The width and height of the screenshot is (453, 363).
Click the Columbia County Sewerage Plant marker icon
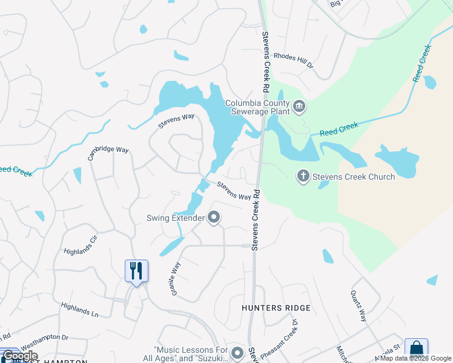[299, 108]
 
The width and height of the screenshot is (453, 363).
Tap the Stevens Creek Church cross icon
[303, 177]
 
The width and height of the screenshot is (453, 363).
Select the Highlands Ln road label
[79, 309]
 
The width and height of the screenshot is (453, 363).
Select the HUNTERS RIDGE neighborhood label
[276, 308]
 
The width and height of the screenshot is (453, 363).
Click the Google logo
[19, 356]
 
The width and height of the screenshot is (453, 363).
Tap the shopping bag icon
[416, 349]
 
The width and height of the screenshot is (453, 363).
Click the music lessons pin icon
[237, 352]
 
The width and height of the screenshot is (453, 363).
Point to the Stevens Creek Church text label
[354, 177]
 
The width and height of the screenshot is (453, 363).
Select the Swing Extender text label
[175, 218]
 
